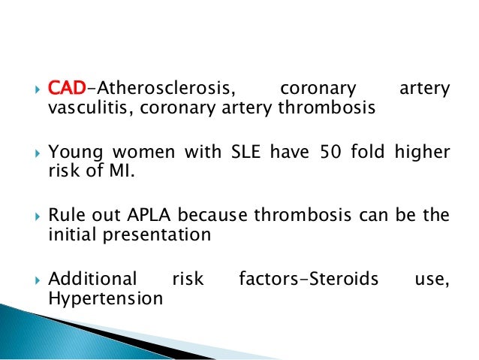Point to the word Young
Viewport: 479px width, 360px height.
(74, 153)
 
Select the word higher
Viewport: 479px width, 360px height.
(425, 153)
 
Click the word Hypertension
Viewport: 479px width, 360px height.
(105, 298)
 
